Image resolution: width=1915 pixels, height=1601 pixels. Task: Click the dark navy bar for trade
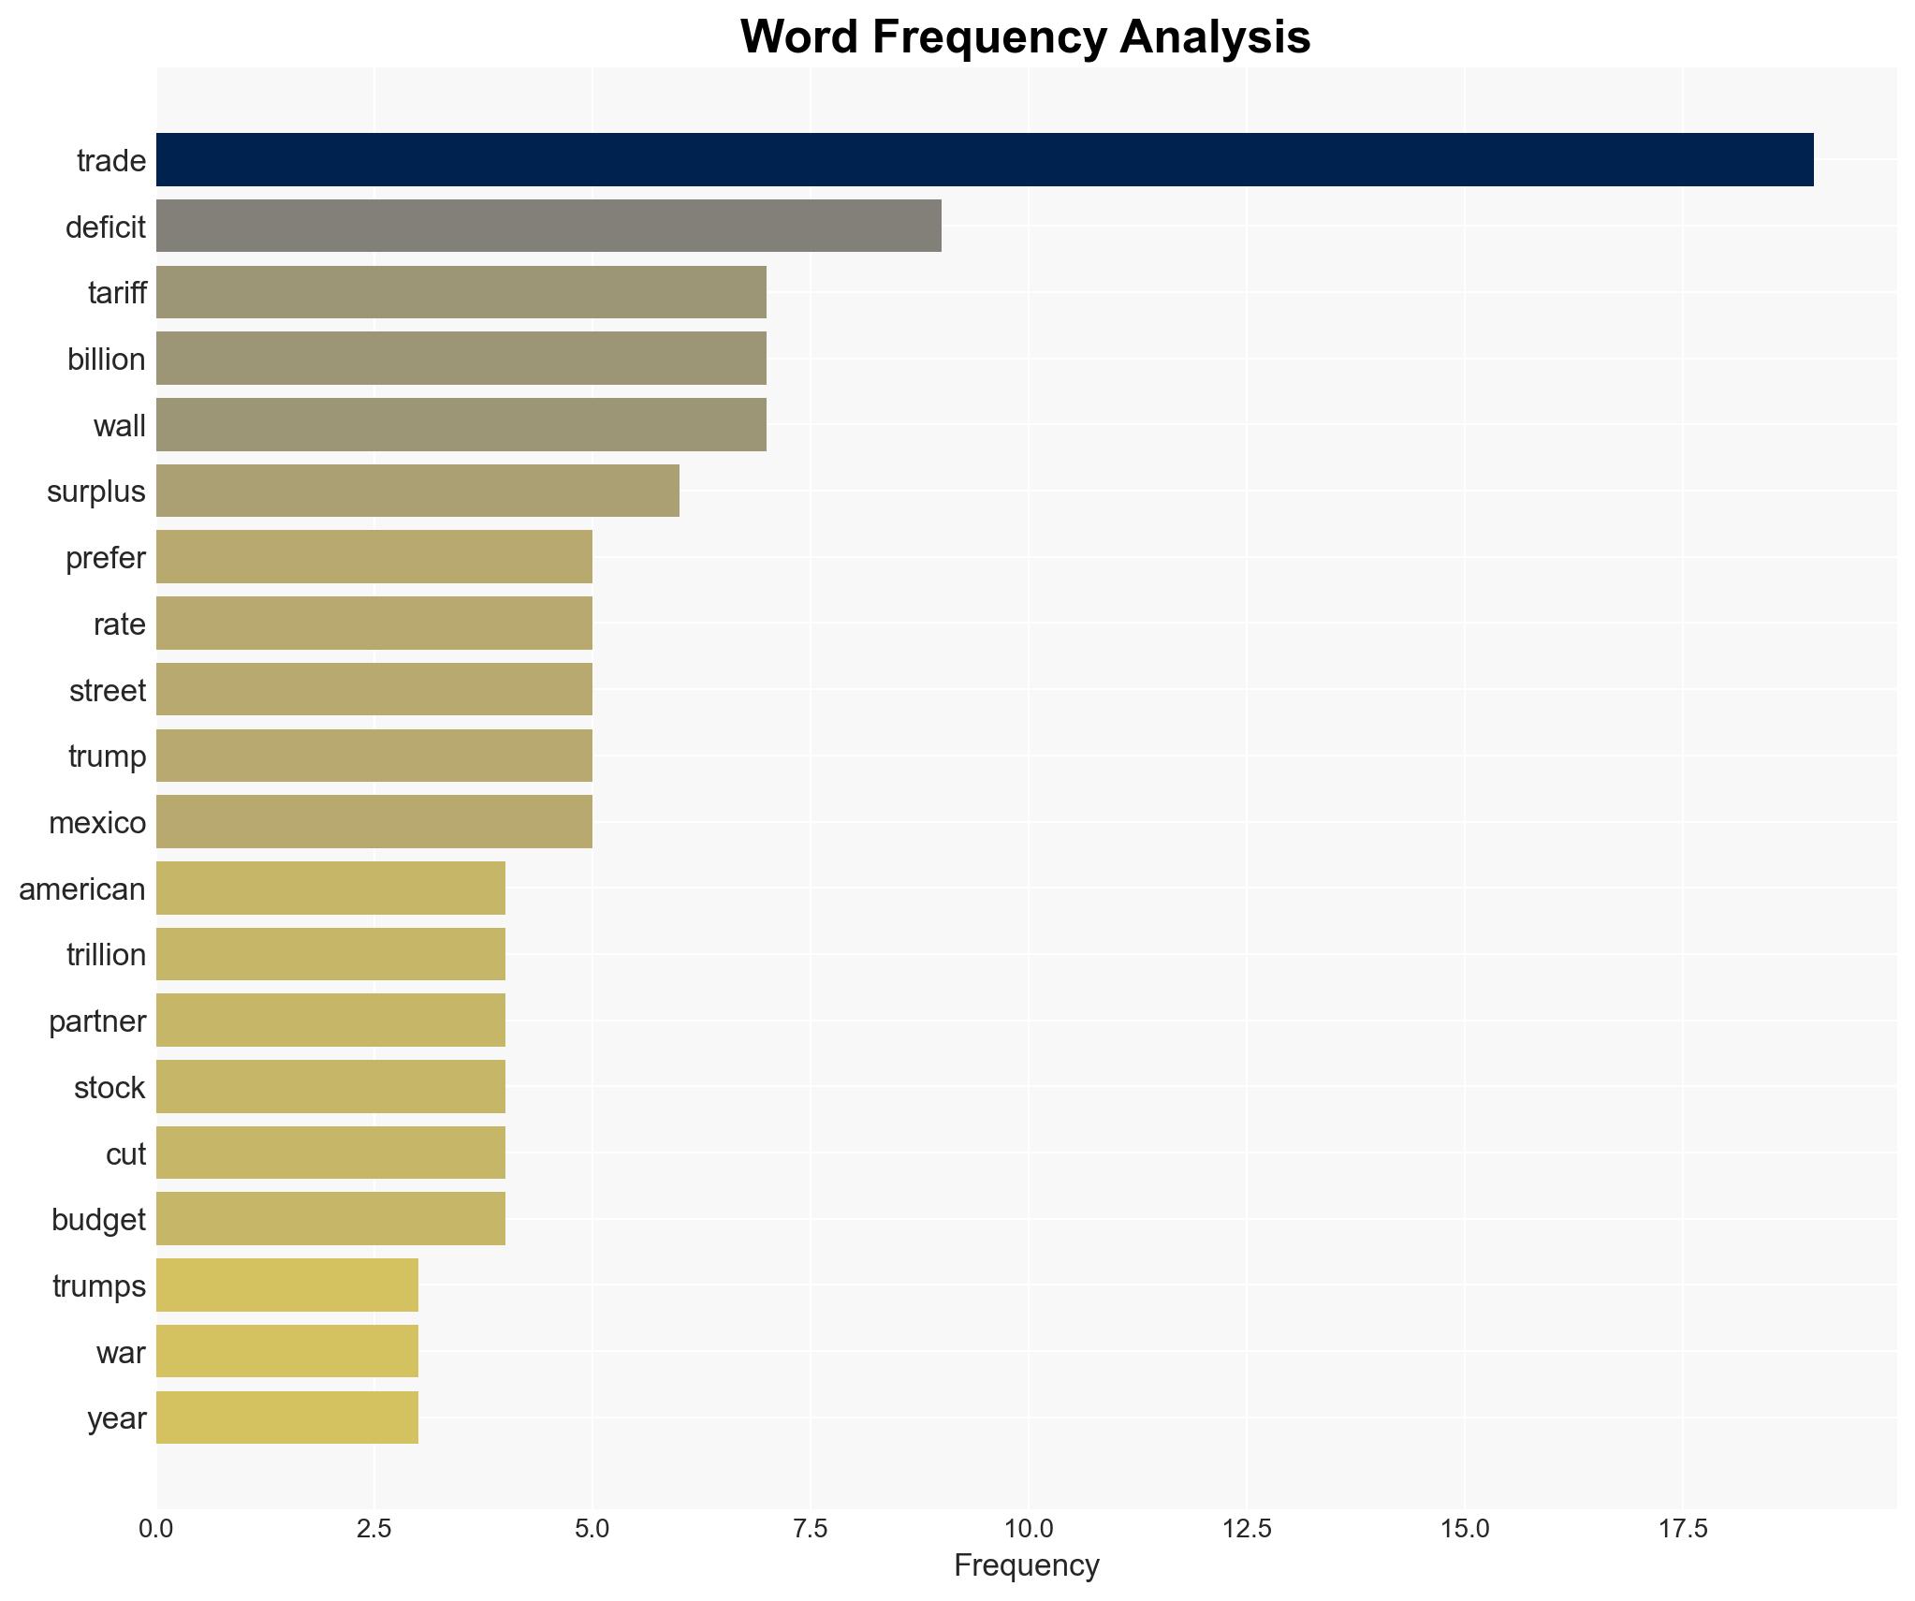point(984,160)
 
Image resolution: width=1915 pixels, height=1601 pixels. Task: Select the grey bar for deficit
point(548,226)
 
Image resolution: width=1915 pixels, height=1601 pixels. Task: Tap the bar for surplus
point(417,491)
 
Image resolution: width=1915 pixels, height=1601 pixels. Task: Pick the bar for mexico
point(373,821)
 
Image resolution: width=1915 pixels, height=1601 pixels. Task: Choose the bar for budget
point(330,1218)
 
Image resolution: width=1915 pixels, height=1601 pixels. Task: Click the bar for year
point(286,1417)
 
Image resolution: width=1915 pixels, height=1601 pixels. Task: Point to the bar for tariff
point(460,292)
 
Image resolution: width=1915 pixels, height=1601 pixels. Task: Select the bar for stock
point(330,1086)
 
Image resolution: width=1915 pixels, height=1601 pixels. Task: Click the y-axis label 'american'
point(82,889)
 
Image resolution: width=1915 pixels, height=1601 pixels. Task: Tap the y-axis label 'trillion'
point(106,955)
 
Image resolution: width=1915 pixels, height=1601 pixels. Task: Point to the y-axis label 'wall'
point(119,426)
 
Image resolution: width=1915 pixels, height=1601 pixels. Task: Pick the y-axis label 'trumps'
point(99,1285)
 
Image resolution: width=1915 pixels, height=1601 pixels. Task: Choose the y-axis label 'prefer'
point(105,558)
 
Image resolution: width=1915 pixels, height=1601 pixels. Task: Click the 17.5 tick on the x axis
point(1683,1529)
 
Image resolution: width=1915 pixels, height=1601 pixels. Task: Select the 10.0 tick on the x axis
point(1028,1529)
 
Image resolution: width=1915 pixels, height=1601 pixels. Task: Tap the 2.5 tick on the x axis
point(373,1529)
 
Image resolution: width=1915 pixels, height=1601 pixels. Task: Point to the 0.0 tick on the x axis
point(155,1529)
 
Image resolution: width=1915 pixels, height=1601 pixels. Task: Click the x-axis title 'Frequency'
point(1026,1565)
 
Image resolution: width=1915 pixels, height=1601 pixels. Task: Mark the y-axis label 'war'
point(121,1352)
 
